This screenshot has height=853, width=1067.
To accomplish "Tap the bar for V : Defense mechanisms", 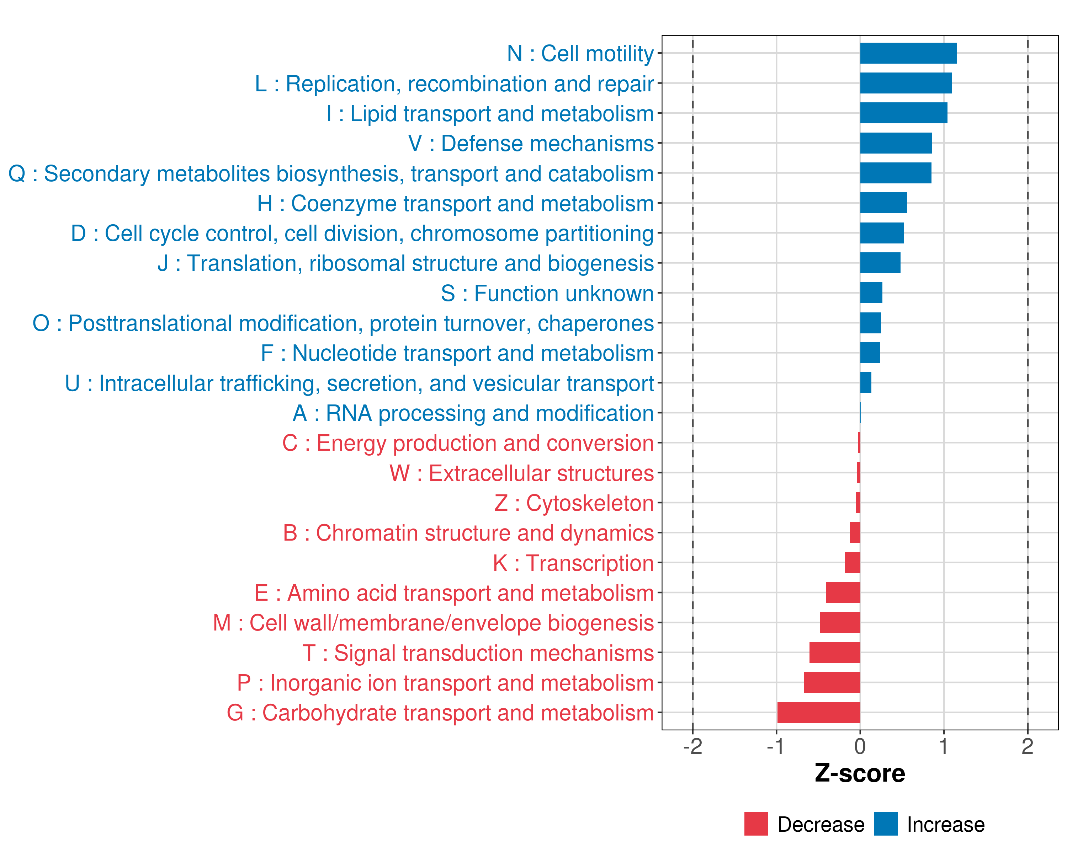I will pyautogui.click(x=896, y=143).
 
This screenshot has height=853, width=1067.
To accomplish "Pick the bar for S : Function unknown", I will pyautogui.click(x=871, y=293).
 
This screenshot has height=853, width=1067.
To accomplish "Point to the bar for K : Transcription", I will pyautogui.click(x=852, y=563).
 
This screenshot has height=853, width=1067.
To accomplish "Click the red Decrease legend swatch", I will pyautogui.click(x=756, y=824).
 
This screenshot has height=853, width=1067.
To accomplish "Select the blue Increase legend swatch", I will pyautogui.click(x=885, y=824).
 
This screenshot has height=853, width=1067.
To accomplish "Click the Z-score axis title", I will pyautogui.click(x=860, y=773).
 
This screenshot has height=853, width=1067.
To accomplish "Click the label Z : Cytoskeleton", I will pyautogui.click(x=574, y=503).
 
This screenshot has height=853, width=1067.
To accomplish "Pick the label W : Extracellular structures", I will pyautogui.click(x=522, y=473).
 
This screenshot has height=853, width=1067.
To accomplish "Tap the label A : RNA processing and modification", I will pyautogui.click(x=473, y=413).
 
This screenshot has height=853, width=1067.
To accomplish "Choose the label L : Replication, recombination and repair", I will pyautogui.click(x=454, y=84).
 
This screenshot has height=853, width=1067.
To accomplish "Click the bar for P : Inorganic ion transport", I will pyautogui.click(x=832, y=682).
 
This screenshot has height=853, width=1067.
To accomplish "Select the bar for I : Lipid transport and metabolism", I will pyautogui.click(x=904, y=113).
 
